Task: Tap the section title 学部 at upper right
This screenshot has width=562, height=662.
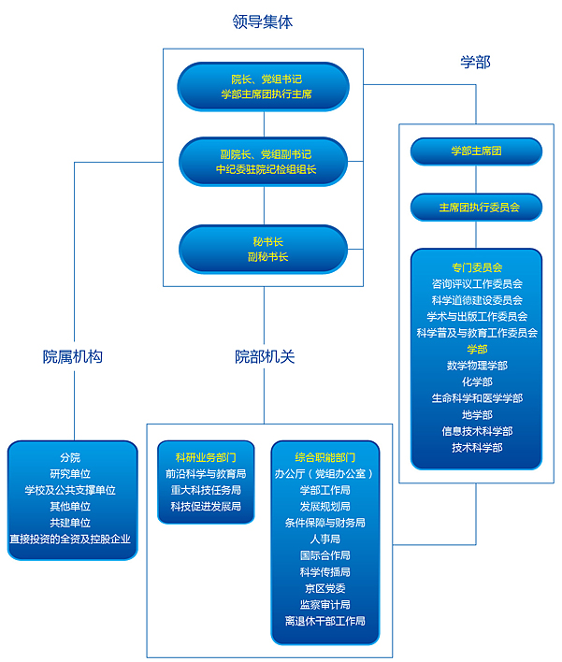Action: [x=475, y=62]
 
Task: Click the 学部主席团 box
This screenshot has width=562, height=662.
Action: [x=476, y=151]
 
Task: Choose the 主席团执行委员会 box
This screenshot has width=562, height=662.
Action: [x=476, y=207]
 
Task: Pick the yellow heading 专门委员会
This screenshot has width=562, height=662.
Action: [x=477, y=266]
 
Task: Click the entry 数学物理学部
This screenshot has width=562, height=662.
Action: [x=477, y=365]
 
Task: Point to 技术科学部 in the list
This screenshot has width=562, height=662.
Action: [x=477, y=447]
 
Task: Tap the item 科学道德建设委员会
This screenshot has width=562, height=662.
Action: [x=477, y=299]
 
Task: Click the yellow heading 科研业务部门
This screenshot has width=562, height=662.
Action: [x=206, y=457]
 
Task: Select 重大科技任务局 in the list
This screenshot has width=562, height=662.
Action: [x=206, y=490]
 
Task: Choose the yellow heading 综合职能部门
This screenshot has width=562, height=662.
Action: [x=325, y=457]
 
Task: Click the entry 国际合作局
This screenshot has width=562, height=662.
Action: [x=325, y=555]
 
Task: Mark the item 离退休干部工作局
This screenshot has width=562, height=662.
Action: [x=325, y=621]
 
